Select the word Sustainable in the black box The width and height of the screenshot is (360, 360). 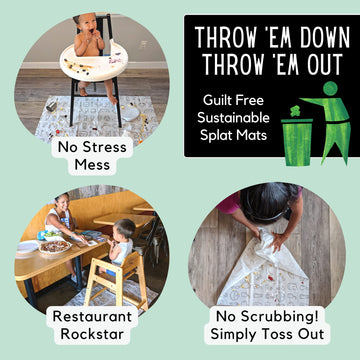point(231,118)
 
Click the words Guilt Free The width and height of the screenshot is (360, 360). point(231,100)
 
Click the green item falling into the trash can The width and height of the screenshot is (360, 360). point(296,108)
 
